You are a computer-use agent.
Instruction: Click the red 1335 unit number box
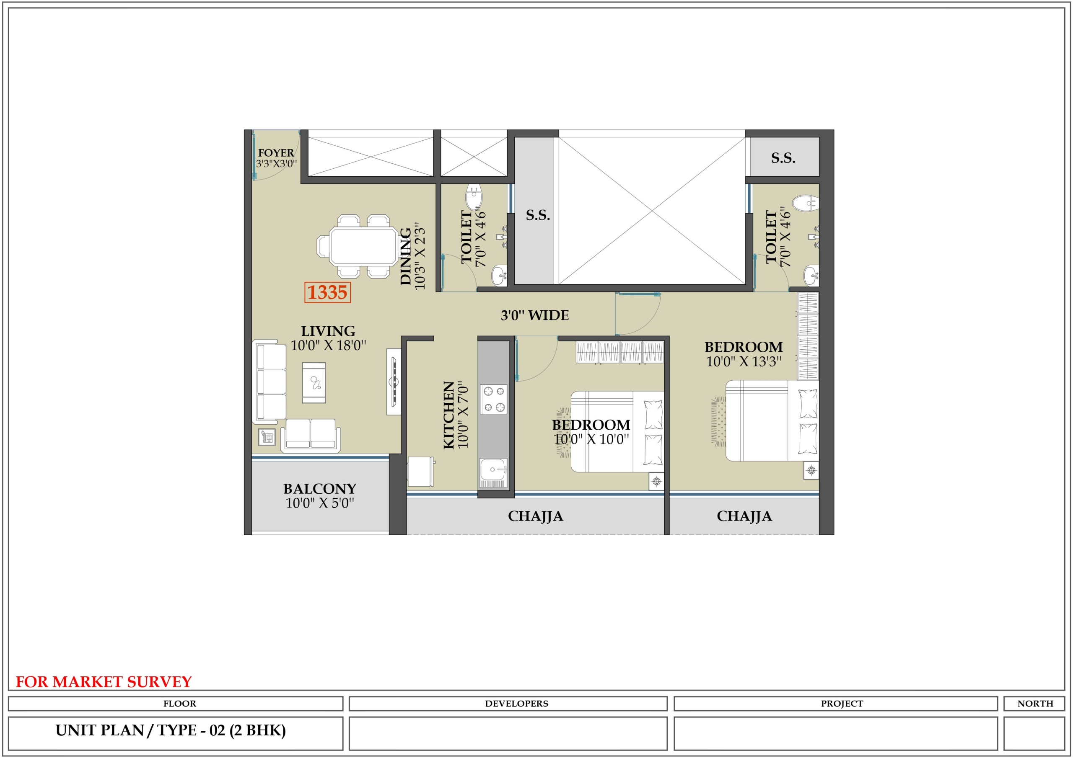click(327, 292)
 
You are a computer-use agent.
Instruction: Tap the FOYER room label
click(276, 153)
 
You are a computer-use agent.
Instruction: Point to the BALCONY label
click(320, 489)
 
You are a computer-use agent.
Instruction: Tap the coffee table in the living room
click(314, 382)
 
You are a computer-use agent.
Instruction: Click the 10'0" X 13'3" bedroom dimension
click(744, 361)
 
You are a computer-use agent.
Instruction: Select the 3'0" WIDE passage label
click(535, 315)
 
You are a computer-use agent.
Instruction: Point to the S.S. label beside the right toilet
click(783, 158)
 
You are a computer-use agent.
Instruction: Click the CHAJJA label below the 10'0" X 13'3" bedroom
click(744, 516)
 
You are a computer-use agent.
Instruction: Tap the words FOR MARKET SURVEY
click(104, 682)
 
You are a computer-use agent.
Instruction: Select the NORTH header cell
click(1035, 704)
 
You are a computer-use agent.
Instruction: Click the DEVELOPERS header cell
click(508, 704)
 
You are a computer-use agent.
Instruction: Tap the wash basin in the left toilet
click(500, 275)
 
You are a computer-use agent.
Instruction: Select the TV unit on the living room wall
click(394, 382)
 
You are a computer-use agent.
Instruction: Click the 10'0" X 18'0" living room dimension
click(328, 345)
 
